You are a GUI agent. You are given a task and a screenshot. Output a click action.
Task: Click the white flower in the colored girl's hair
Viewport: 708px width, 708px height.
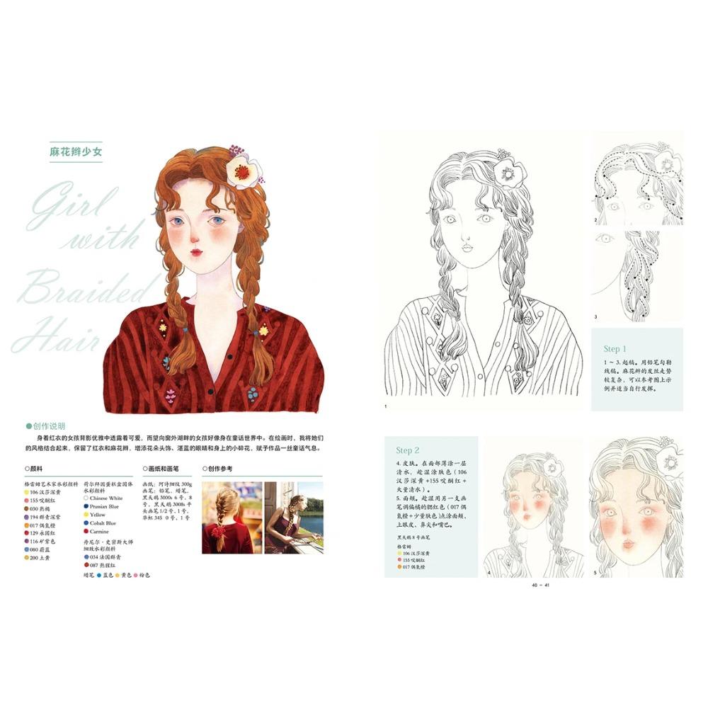coord(243,171)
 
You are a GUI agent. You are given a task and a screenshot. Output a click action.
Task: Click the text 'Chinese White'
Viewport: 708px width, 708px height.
coord(106,498)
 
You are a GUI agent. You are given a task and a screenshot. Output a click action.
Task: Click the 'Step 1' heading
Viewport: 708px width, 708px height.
coord(615,348)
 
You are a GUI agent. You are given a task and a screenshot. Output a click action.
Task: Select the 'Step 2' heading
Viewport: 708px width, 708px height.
coord(408,450)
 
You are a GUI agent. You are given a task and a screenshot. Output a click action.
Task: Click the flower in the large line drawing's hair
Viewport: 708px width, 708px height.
coord(507,170)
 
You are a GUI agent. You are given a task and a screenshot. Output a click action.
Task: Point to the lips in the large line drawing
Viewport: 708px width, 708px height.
coord(467,249)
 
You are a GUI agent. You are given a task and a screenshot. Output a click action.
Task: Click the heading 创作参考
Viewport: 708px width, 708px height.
coord(221,468)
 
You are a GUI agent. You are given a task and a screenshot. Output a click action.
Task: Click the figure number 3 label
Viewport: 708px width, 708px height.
coord(595,316)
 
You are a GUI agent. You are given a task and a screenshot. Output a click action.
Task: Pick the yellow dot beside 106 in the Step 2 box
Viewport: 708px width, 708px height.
coord(399,552)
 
